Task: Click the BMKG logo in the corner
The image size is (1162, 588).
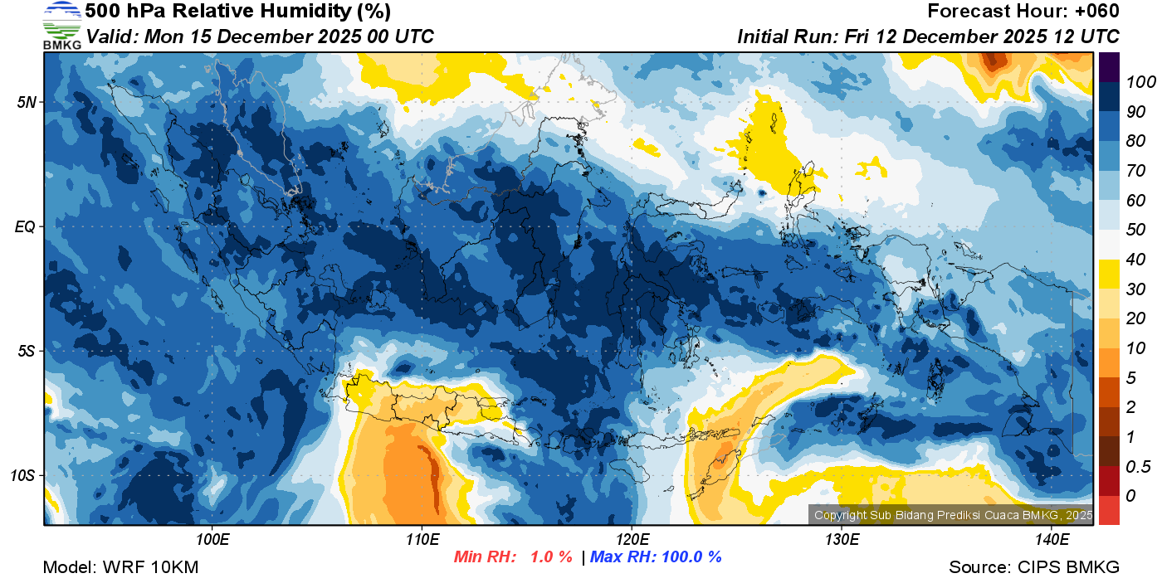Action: pos(61,25)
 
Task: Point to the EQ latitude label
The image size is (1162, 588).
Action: pos(26,226)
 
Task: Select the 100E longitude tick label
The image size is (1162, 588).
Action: pos(212,539)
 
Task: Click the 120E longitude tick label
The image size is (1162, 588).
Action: pos(632,539)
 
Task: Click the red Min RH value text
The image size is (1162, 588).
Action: pos(512,556)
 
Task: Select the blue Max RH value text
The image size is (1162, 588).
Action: pos(656,556)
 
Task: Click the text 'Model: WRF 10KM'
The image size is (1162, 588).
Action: pos(120,567)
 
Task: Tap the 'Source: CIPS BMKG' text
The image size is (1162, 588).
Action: pos(1034,567)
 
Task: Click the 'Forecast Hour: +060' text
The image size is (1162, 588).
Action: pos(1023,12)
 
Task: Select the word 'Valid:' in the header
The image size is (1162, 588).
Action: pos(113,36)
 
